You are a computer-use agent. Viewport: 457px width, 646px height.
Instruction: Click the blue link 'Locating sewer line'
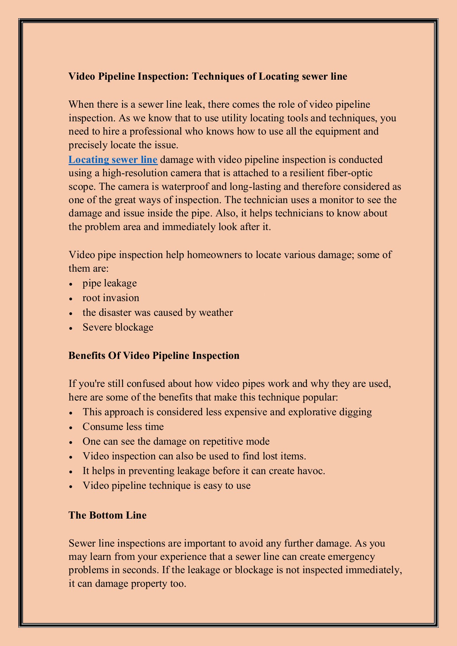[113, 159]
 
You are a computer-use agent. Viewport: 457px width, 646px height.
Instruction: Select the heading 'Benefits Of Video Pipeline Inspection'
[154, 355]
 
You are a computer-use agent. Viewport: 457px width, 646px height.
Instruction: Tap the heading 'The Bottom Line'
[107, 515]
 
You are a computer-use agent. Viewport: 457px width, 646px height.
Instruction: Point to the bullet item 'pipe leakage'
[109, 283]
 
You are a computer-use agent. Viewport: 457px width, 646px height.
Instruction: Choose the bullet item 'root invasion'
[111, 298]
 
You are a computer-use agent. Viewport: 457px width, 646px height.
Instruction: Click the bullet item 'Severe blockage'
[118, 327]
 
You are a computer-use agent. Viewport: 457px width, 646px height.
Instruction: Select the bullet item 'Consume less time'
[123, 427]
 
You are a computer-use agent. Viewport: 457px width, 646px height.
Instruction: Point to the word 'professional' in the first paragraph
[152, 131]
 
